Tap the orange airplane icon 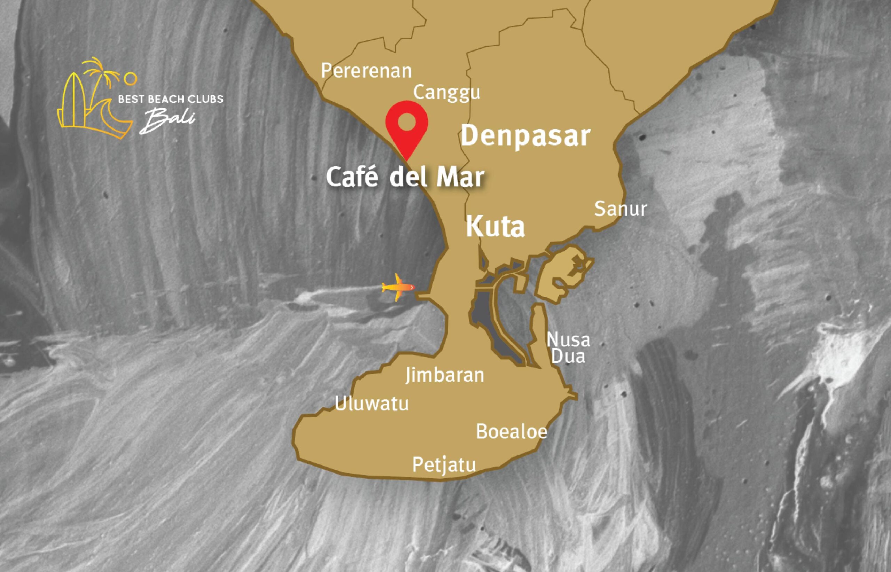397,287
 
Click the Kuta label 495,227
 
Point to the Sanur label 620,209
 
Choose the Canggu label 447,93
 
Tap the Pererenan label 366,71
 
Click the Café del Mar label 405,178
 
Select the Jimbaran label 445,375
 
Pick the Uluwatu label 372,404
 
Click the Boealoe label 512,432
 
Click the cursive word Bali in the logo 167,121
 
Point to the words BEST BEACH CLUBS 171,99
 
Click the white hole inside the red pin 407,122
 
